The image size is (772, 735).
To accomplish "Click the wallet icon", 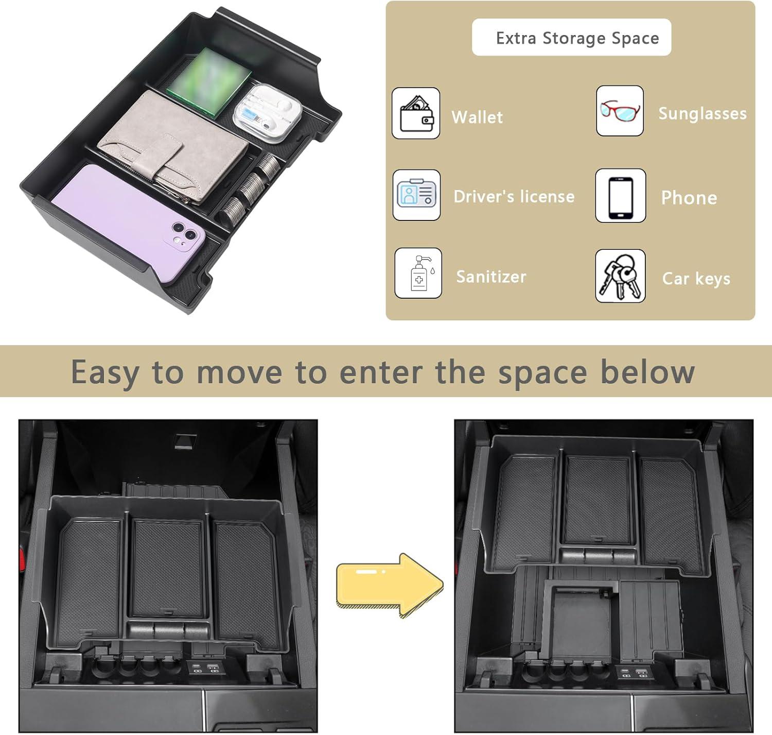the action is click(x=416, y=113).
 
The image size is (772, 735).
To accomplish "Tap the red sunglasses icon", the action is click(x=620, y=111).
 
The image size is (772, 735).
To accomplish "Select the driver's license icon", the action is click(x=416, y=195).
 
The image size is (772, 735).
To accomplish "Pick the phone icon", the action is click(x=620, y=196).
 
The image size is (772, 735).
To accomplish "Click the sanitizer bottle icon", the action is click(x=418, y=273).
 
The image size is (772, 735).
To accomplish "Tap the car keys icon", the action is click(x=620, y=276).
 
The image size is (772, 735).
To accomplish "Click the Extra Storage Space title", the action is click(x=577, y=38).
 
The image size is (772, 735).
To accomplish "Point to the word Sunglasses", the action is click(x=703, y=114).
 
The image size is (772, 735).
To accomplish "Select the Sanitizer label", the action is click(x=491, y=277).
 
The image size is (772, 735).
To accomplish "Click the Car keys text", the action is click(x=696, y=279).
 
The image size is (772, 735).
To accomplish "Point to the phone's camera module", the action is click(x=183, y=237).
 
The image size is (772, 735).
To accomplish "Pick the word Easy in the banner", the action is click(x=105, y=372).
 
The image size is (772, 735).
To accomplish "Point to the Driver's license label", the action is click(x=514, y=196).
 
